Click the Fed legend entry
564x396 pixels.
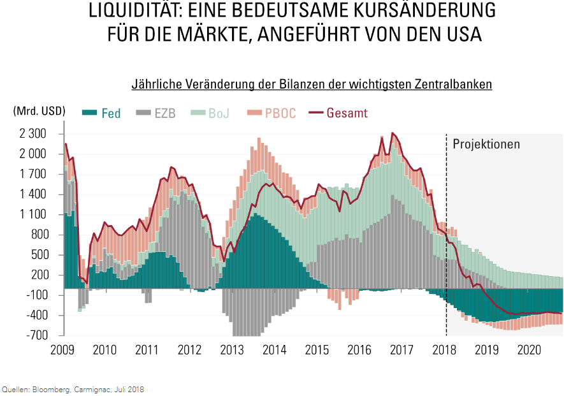(102, 114)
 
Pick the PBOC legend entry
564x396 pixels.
(271, 114)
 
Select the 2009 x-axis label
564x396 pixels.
(62, 349)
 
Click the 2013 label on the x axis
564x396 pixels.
(232, 349)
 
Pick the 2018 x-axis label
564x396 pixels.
(444, 349)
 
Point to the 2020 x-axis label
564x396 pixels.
(529, 349)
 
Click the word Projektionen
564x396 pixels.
(486, 144)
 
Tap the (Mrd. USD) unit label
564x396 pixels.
(39, 110)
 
